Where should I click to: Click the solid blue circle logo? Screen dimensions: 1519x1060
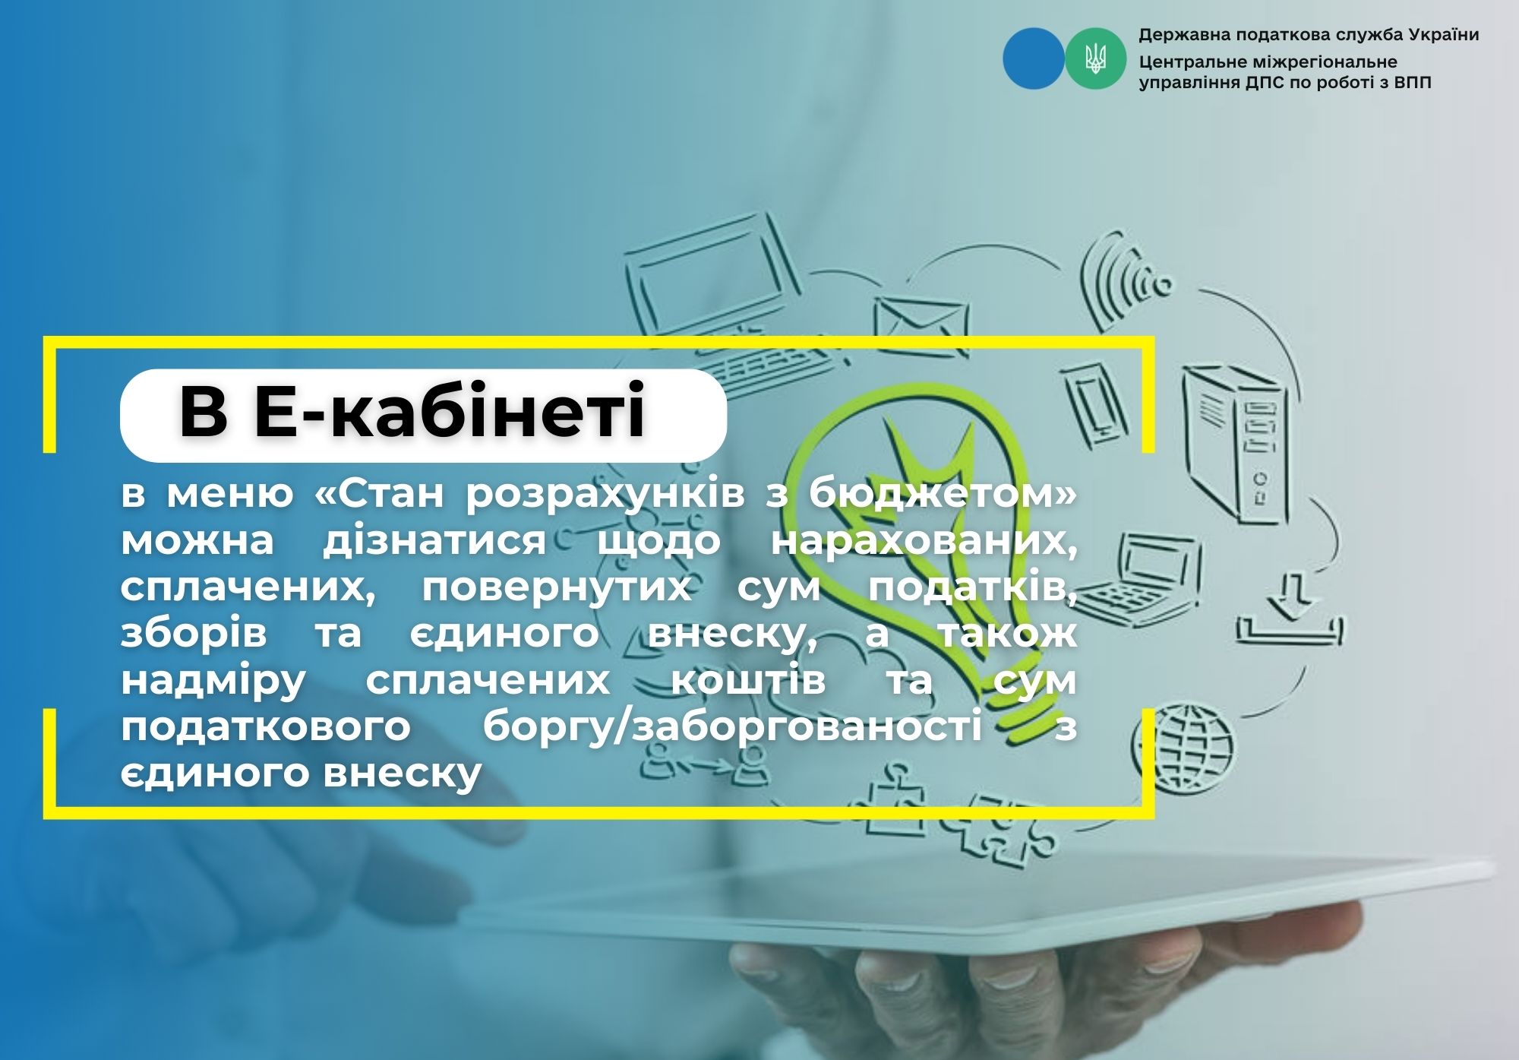coord(1034,59)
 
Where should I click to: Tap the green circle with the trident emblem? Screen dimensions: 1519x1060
coord(1095,59)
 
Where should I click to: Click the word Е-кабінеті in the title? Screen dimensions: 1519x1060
coord(449,411)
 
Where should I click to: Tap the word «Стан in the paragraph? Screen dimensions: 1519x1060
coord(379,494)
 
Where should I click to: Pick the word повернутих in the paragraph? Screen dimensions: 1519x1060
coord(557,588)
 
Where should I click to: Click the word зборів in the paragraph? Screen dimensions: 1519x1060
coord(194,634)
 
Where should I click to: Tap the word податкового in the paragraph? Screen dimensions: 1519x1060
coord(266,727)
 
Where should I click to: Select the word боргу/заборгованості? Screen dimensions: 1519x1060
coord(732,726)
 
